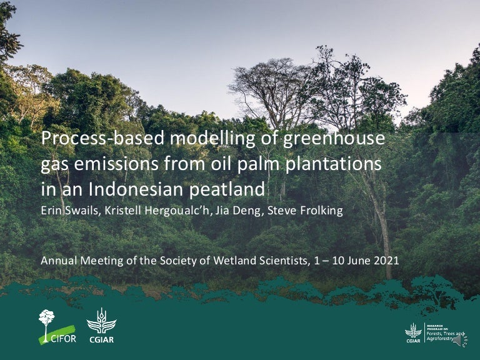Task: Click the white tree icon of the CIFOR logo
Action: [x=47, y=320]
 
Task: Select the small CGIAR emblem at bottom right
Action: [x=413, y=332]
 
